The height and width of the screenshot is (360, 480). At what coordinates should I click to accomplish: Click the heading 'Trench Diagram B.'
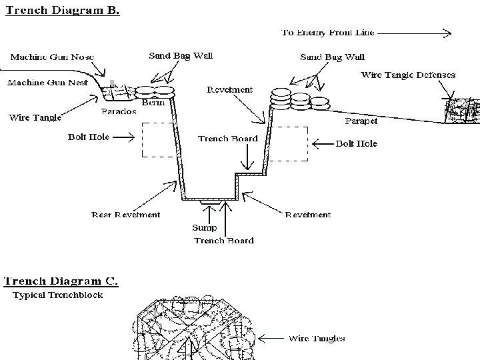pyautogui.click(x=61, y=11)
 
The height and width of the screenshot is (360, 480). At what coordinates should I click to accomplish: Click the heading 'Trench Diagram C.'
pyautogui.click(x=61, y=281)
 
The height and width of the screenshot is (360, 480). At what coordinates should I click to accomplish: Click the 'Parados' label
pyautogui.click(x=119, y=111)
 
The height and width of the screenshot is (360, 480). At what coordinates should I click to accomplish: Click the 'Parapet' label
pyautogui.click(x=361, y=121)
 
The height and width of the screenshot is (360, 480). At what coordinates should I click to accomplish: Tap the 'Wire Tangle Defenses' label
pyautogui.click(x=408, y=75)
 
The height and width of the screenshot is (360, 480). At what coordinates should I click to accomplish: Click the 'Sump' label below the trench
pyautogui.click(x=204, y=227)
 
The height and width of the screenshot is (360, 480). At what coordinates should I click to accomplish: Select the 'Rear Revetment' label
pyautogui.click(x=125, y=215)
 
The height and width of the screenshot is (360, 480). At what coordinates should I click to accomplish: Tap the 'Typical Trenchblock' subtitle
pyautogui.click(x=58, y=295)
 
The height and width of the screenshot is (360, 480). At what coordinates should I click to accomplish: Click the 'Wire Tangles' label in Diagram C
pyautogui.click(x=317, y=339)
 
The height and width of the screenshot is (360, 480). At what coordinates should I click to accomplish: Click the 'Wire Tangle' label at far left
pyautogui.click(x=35, y=118)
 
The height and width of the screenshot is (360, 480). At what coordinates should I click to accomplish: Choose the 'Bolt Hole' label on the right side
pyautogui.click(x=356, y=143)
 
